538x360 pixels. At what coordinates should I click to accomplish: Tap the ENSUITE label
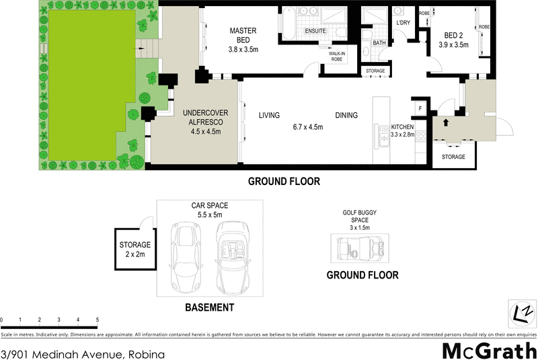point(315,32)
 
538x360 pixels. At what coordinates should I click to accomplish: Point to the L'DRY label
point(403,23)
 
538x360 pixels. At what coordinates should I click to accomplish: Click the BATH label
point(379,43)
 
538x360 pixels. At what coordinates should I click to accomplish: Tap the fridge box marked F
point(420,108)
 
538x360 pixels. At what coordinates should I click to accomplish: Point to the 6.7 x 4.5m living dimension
point(307,127)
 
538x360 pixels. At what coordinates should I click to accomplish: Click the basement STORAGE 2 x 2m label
point(135,249)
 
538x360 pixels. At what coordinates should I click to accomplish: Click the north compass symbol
point(521,312)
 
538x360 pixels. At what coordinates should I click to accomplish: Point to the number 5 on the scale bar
point(98,319)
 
